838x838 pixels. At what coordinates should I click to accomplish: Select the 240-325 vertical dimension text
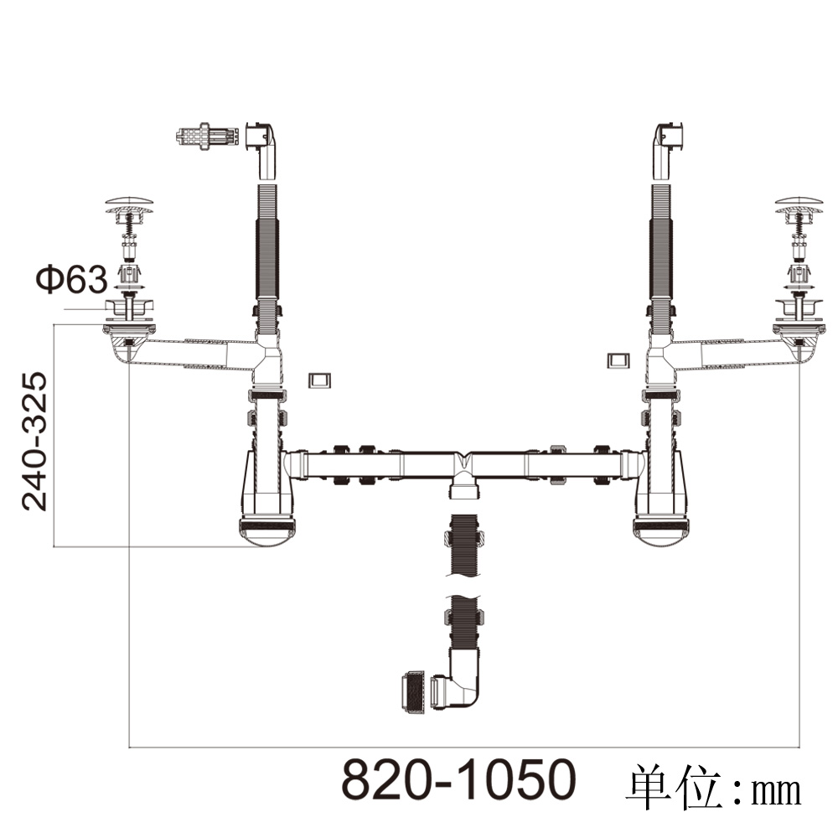(x=34, y=442)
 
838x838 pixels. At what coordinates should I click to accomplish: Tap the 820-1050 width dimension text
(x=458, y=779)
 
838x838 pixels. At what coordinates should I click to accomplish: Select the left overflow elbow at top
(x=262, y=151)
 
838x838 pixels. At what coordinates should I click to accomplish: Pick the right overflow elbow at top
(x=668, y=151)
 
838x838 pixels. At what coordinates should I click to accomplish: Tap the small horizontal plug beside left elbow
(x=206, y=137)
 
